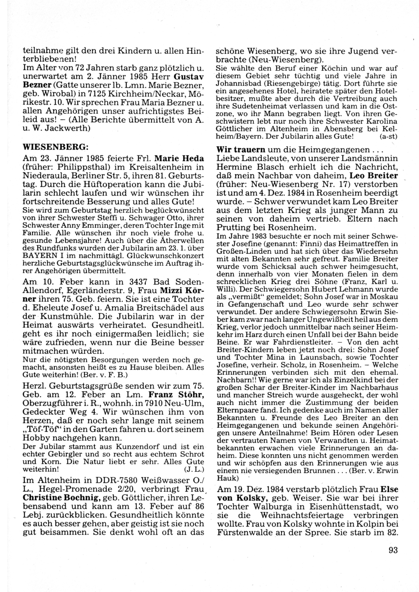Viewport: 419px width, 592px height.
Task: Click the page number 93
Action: pyautogui.click(x=393, y=551)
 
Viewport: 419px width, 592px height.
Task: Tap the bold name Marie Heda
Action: pyautogui.click(x=179, y=159)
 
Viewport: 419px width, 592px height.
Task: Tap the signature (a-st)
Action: pyautogui.click(x=388, y=137)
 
